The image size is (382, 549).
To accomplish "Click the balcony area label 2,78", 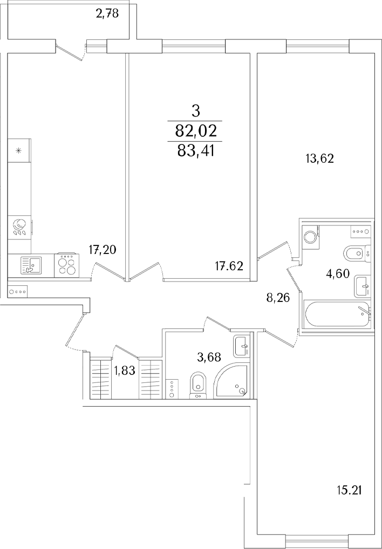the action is pos(107,14).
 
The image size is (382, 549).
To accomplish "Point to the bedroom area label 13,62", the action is pos(319,159).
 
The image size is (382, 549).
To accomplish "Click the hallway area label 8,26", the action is pos(278,298).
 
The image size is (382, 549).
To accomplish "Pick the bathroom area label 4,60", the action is pos(338,274).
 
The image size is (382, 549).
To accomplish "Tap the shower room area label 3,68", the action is pos(209,358).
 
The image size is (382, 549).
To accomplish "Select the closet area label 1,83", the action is pos(125,370).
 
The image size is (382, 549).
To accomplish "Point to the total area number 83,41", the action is pos(195,152).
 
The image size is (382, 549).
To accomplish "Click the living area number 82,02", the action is pos(195,131).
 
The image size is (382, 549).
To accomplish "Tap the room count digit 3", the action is pos(195,112).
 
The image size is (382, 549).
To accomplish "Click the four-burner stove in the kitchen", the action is pos(67,265).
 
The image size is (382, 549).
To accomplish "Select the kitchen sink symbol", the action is pos(31,265).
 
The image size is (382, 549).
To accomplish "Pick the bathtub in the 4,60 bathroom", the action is pos(337,314).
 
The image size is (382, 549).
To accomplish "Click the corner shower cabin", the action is pos(232,381).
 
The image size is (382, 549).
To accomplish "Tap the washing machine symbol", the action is pos(310,236).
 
